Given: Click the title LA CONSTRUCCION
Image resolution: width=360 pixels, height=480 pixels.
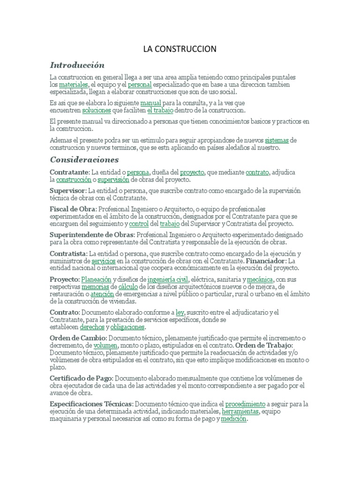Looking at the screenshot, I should pos(180,49).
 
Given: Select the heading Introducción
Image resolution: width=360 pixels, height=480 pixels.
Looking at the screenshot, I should pos(77,65).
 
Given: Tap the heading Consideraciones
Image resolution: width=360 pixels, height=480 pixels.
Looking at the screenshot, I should pos(84,159).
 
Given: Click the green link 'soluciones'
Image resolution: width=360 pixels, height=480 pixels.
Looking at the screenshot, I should pos(97,111).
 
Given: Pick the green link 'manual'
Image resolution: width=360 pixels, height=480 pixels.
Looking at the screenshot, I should pos(150,102).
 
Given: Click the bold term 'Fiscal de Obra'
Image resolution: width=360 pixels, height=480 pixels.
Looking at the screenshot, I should pos(72,208).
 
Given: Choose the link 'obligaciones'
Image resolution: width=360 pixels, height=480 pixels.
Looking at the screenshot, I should pos(128,327).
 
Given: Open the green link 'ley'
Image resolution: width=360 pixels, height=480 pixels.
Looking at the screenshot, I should pos(180,312).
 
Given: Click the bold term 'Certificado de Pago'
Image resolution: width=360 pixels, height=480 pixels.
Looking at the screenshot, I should pos(81,378).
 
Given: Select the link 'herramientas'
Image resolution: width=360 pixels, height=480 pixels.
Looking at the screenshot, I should pos(240,411).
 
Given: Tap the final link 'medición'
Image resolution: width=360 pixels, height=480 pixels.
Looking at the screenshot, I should pos(233,419).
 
